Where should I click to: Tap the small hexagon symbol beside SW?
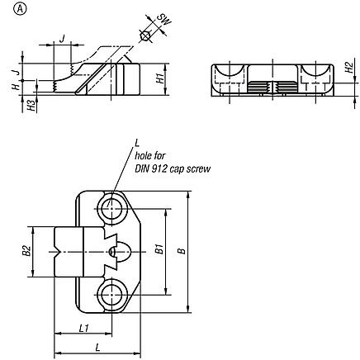click(x=146, y=36)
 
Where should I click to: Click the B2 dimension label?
click(x=26, y=250)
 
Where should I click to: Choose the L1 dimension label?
click(x=83, y=329)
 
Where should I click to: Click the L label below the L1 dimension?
click(x=98, y=348)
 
